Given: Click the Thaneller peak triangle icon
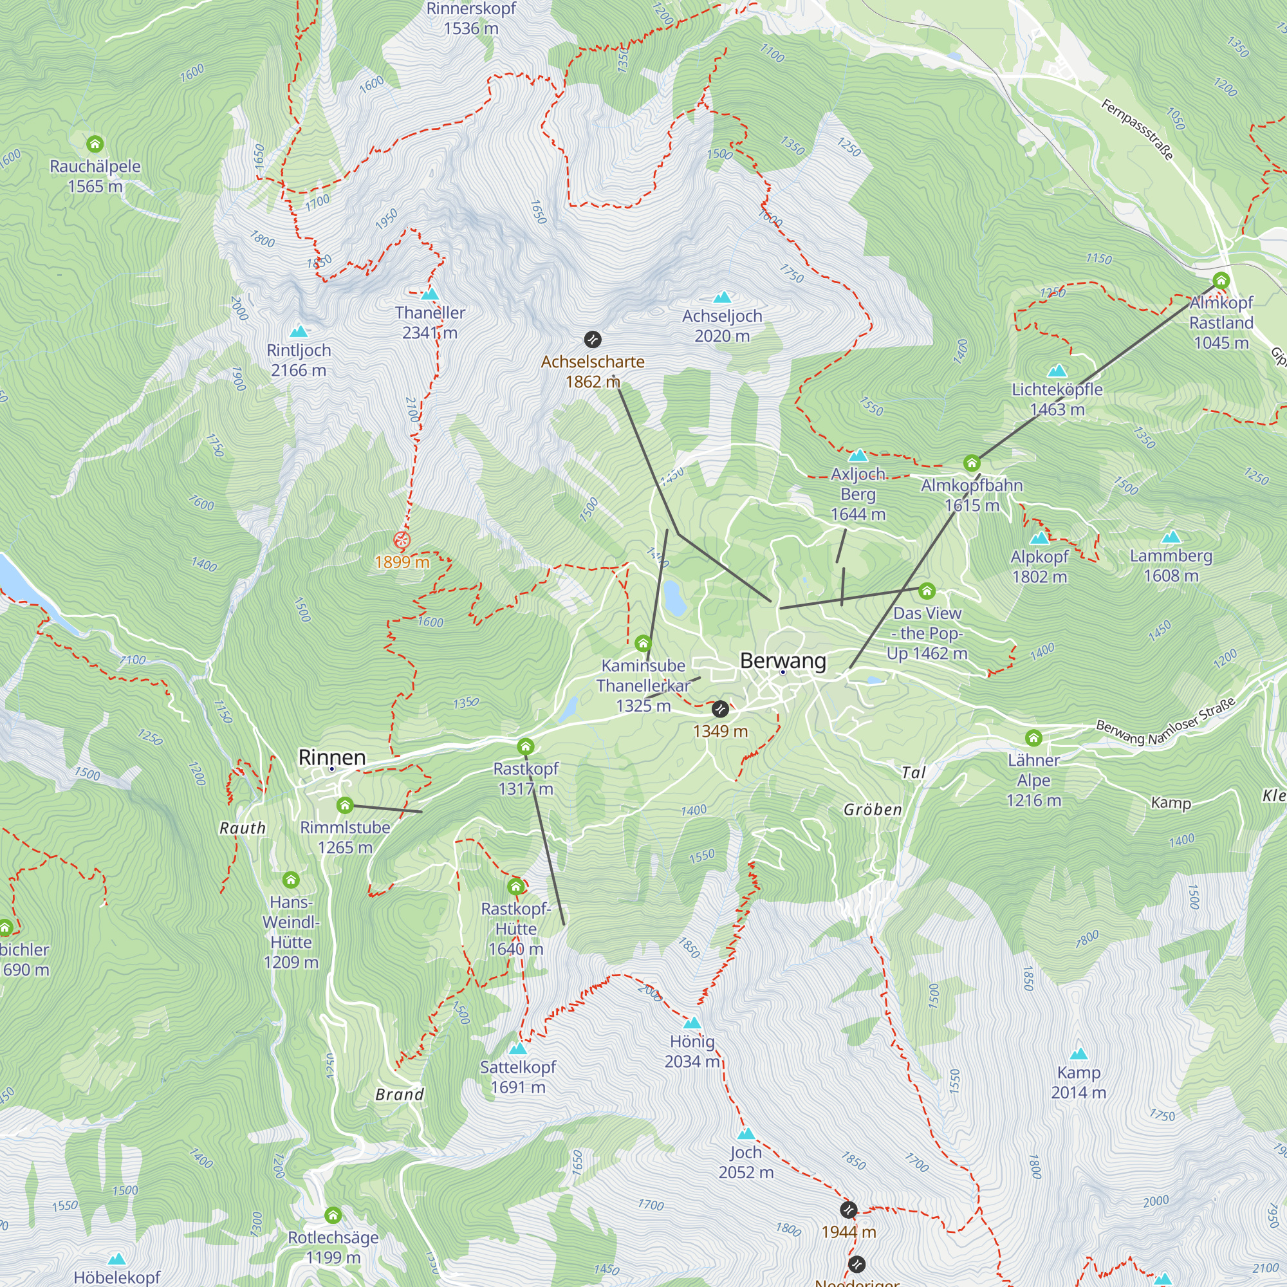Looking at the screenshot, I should (431, 294).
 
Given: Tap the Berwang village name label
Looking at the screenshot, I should (782, 660).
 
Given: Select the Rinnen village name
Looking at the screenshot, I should (332, 757).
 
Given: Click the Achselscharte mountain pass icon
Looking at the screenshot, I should (592, 340).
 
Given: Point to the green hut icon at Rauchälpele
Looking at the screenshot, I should (95, 144).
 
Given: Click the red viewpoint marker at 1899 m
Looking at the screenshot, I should (401, 540).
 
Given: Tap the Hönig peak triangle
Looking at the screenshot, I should (692, 1023).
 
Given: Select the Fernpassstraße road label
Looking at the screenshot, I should (1136, 129).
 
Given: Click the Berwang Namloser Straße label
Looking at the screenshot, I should (1165, 722).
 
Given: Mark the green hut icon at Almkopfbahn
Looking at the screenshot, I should (971, 463).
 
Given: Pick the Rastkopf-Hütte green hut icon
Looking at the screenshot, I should (515, 887).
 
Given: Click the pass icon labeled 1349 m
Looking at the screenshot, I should (720, 708).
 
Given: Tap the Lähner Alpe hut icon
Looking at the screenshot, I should (1033, 737).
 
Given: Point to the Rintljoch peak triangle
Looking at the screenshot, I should (299, 331).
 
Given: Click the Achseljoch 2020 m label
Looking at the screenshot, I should (721, 326).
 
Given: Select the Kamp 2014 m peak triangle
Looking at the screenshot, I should (1079, 1054).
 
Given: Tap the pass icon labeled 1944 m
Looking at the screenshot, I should (848, 1209).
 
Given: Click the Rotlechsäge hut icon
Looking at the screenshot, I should (333, 1215).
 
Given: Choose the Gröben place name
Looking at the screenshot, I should (872, 810).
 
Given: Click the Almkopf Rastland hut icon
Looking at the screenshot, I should (1220, 281).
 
